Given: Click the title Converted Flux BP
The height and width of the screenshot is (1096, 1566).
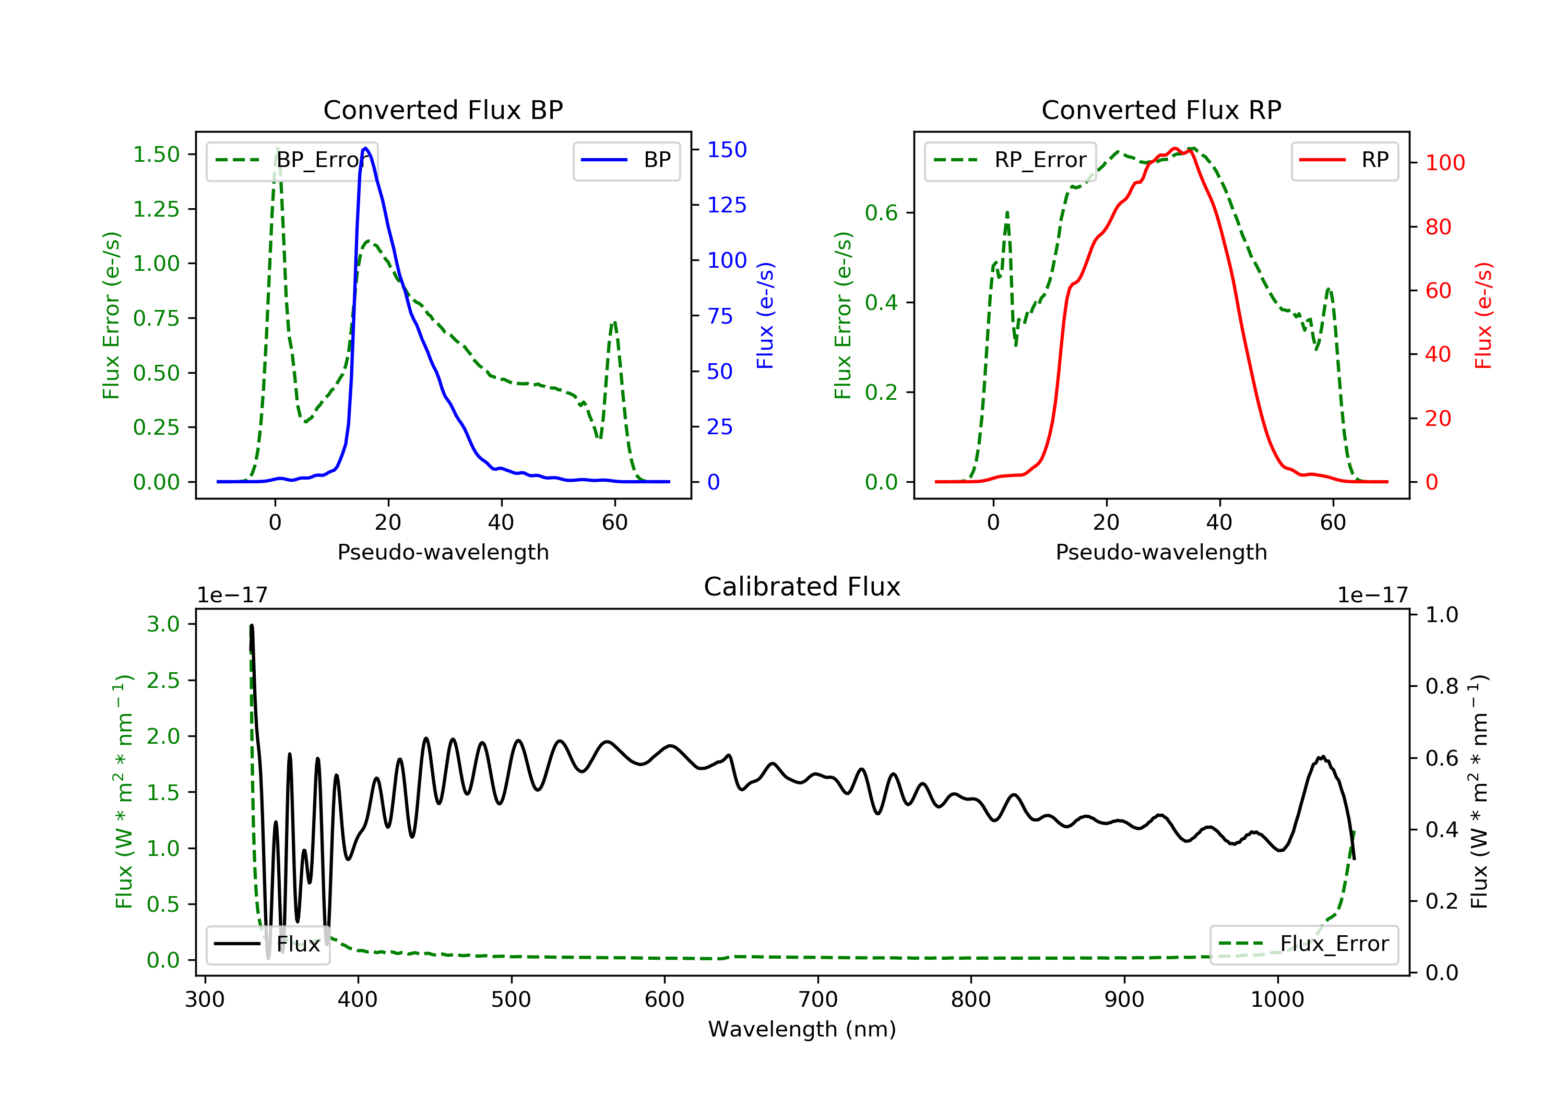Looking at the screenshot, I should click(443, 110).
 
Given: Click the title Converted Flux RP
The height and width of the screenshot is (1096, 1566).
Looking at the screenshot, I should click(1161, 110).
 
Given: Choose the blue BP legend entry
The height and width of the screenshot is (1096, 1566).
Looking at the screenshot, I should click(626, 160).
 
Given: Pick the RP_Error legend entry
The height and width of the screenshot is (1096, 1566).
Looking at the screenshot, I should click(1010, 160).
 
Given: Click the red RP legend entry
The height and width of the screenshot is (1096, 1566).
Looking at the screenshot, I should click(1344, 160).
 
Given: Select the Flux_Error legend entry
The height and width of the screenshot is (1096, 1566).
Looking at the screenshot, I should click(1303, 944).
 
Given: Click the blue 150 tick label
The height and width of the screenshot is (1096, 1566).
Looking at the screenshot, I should click(727, 149).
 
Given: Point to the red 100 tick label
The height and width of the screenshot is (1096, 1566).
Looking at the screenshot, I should click(1444, 163).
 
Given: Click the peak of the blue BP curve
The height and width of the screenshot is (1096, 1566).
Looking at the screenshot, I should click(365, 148).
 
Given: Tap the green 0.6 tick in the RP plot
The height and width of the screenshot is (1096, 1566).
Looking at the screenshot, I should click(881, 213).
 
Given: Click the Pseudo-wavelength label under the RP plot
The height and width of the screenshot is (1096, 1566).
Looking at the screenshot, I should click(1161, 552).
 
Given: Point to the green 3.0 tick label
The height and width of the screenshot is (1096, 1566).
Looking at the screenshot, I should click(163, 624).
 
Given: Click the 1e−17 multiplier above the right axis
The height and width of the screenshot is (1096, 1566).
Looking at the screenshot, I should click(1372, 595).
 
